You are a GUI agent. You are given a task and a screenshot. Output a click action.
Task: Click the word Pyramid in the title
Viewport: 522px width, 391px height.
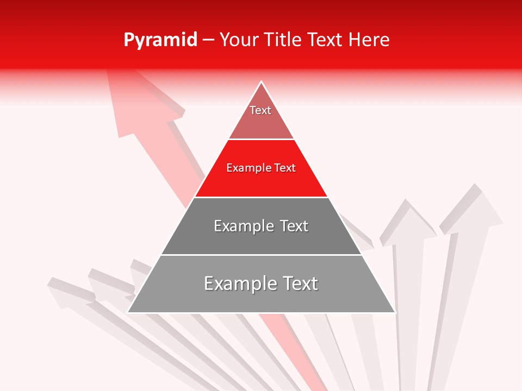(160, 40)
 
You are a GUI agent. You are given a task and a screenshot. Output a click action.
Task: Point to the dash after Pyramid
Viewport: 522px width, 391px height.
(208, 40)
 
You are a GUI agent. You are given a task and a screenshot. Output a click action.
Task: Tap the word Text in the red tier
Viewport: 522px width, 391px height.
(285, 168)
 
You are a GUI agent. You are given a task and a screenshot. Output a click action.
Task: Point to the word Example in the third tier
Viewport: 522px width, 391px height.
(243, 226)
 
